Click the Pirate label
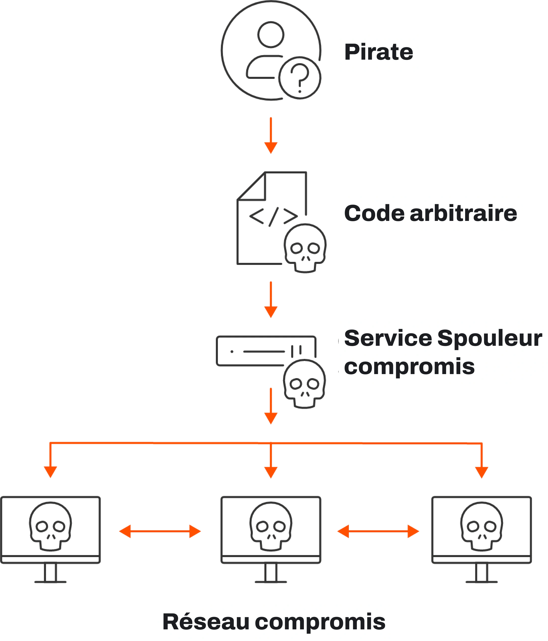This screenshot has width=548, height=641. (x=378, y=52)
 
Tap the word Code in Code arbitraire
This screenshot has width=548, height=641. (x=374, y=214)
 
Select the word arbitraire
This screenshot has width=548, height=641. (x=463, y=214)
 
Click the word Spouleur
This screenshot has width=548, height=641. (x=490, y=338)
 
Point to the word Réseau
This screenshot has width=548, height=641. (x=206, y=622)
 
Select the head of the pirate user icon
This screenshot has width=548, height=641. (x=271, y=34)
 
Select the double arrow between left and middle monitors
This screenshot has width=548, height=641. (x=160, y=532)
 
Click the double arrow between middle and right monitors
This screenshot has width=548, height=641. (x=378, y=532)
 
